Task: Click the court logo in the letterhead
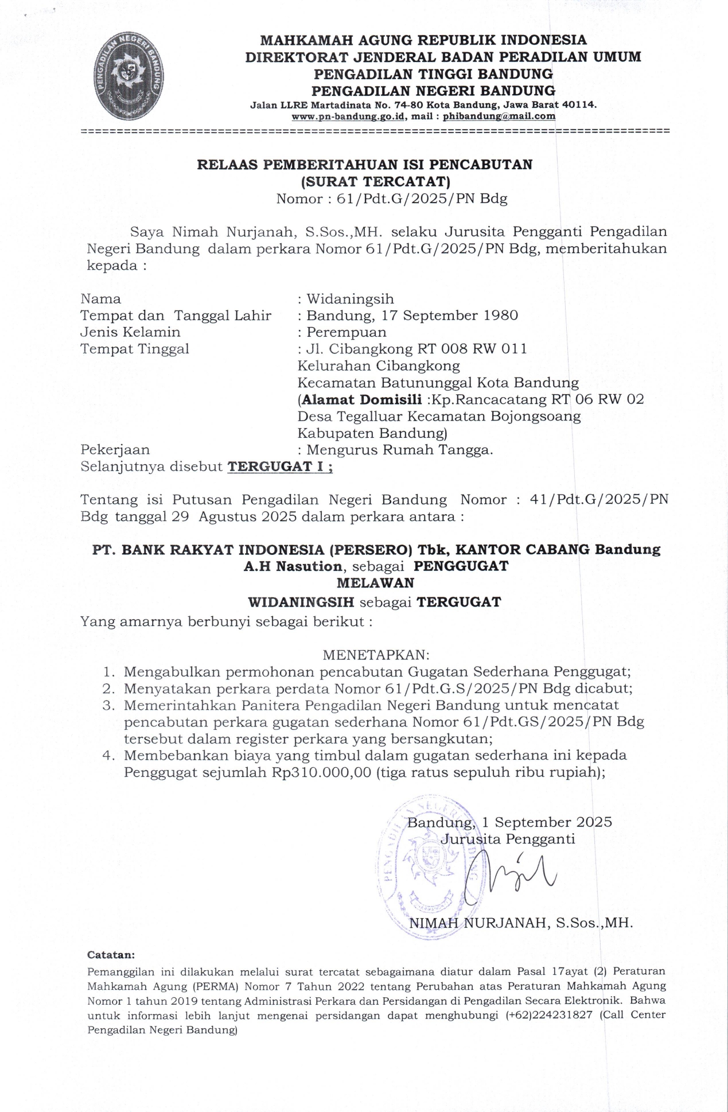129,76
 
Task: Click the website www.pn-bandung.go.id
349,116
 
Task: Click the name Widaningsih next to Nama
350,299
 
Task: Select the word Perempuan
346,332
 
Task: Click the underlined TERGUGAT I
280,466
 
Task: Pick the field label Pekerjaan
115,450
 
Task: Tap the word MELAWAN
375,583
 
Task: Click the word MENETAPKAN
376,655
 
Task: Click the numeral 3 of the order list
106,705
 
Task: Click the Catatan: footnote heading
111,955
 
